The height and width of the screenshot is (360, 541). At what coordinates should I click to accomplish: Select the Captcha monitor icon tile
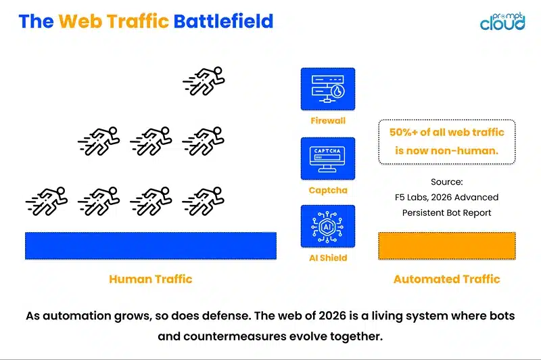[x=328, y=158]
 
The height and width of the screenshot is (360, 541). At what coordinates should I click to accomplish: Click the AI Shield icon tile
[x=328, y=227]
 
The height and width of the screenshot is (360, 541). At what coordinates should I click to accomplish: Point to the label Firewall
[x=328, y=120]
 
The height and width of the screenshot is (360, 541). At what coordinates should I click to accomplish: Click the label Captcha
[x=328, y=190]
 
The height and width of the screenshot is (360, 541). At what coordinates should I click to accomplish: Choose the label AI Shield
[x=328, y=258]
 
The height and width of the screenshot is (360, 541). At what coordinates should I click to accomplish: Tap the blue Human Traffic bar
[x=150, y=246]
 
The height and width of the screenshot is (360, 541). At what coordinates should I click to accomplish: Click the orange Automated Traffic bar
[x=446, y=246]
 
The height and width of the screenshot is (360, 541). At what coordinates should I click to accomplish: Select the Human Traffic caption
[x=150, y=279]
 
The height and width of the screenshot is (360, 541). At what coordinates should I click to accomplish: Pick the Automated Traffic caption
[x=446, y=279]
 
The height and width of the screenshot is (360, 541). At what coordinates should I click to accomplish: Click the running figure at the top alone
[x=204, y=81]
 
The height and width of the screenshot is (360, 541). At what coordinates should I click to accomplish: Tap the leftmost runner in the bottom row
[x=47, y=201]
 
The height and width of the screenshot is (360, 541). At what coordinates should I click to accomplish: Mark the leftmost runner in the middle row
[x=99, y=141]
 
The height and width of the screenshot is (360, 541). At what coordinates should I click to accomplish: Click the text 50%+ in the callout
[x=404, y=133]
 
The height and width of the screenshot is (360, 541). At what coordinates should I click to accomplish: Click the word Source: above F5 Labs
[x=446, y=182]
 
